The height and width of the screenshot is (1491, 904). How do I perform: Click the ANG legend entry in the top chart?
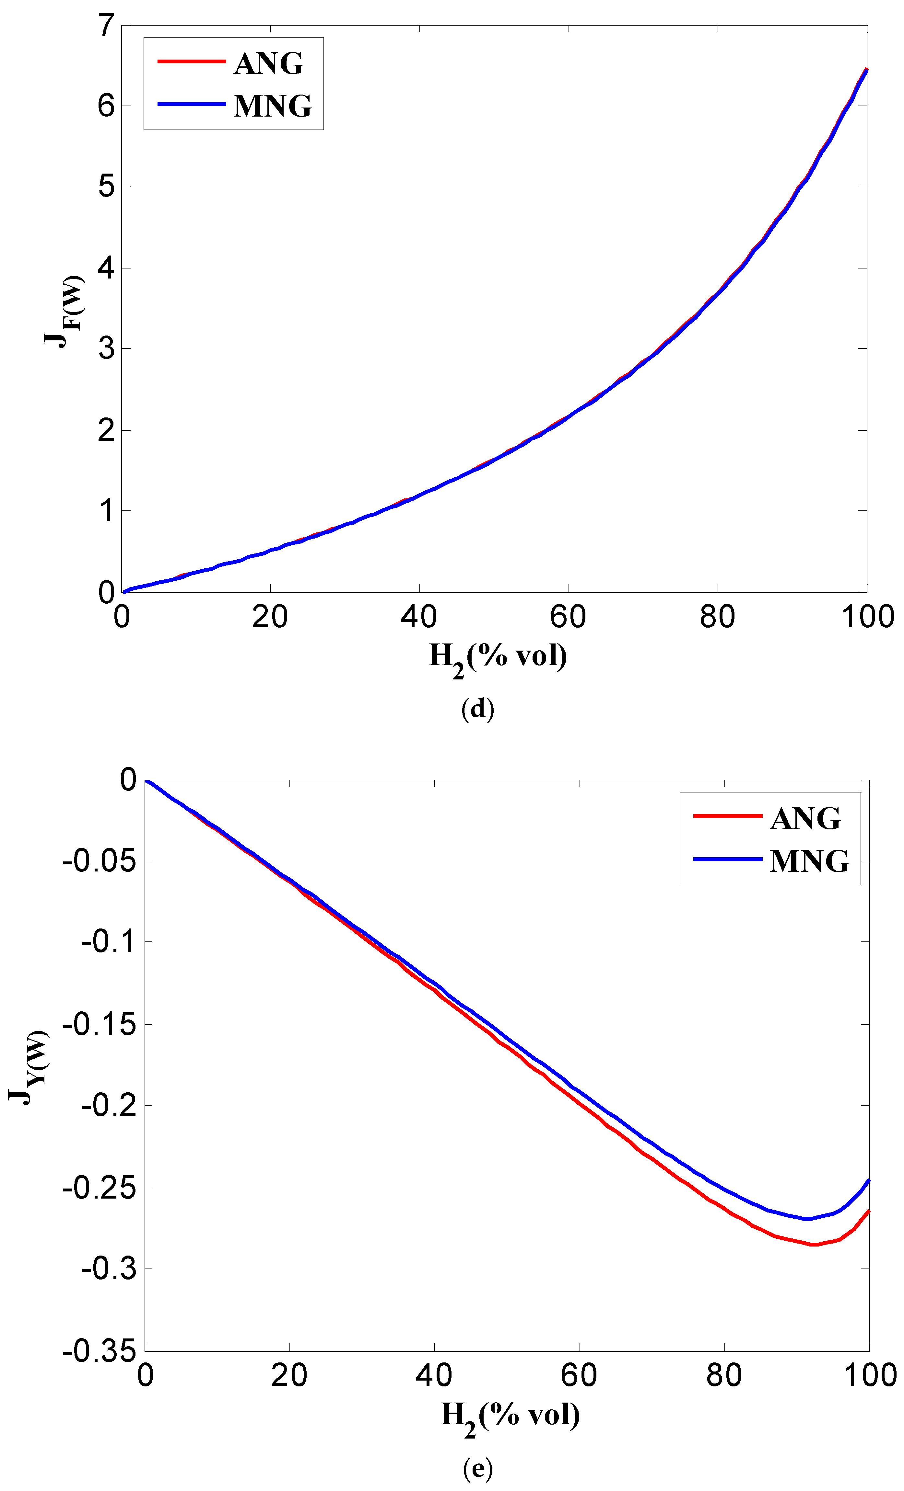(x=268, y=63)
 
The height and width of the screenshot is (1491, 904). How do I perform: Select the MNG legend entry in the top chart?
(x=273, y=106)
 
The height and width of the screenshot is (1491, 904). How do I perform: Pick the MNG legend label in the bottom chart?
(x=810, y=861)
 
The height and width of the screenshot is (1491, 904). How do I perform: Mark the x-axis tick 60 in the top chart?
(x=568, y=617)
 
